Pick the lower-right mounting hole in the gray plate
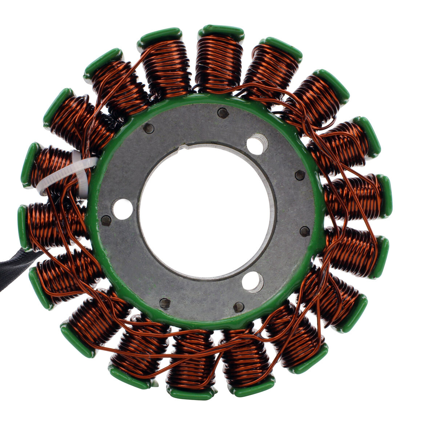coord(253,282)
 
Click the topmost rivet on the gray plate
coord(223,113)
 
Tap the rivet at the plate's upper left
coord(149,128)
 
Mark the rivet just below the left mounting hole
coord(106,220)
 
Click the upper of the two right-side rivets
coord(300,175)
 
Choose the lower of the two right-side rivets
coord(304,231)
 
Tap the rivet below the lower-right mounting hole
coord(239,307)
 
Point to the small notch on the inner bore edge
coord(184,148)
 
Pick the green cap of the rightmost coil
coord(385,196)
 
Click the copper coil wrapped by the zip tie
coord(54,169)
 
